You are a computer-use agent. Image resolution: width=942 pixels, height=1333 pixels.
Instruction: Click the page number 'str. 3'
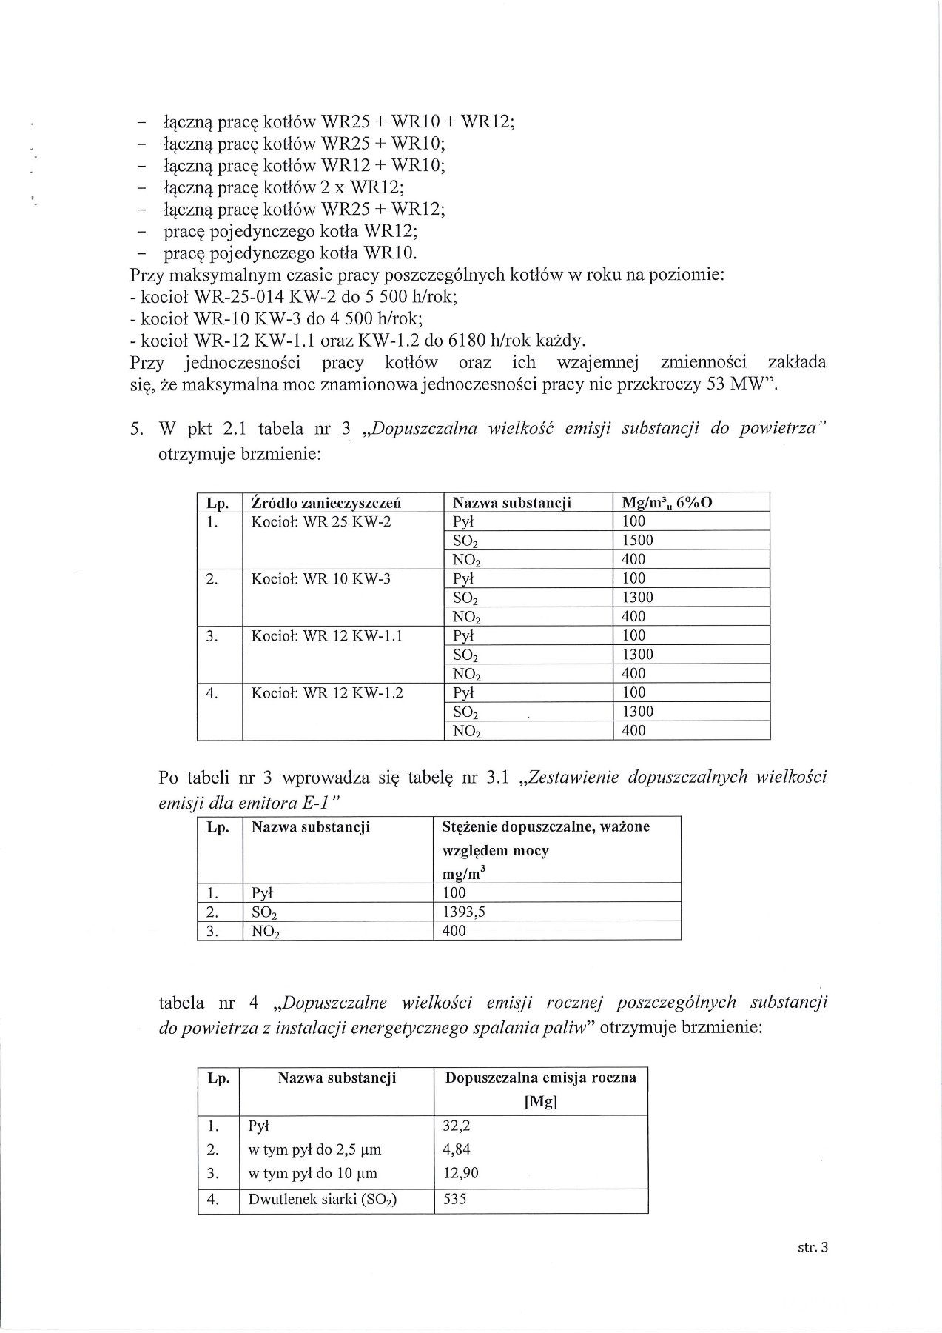coord(813,1247)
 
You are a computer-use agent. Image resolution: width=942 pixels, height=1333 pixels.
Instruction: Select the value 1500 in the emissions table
coord(637,540)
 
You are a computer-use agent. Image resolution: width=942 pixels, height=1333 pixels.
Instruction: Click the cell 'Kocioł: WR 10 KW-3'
coord(321,578)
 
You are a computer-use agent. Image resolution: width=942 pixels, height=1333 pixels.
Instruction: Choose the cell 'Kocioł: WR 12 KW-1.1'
coord(326,635)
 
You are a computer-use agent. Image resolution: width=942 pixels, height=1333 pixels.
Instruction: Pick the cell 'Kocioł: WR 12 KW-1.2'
coord(326,692)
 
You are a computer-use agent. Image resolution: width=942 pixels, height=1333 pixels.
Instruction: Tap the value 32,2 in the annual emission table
coord(457,1126)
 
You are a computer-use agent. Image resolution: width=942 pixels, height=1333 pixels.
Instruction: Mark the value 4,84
coord(457,1149)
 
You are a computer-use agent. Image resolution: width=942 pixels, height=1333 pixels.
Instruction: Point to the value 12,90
coord(460,1173)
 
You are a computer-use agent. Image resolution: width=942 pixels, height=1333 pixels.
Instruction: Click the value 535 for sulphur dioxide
coord(454,1199)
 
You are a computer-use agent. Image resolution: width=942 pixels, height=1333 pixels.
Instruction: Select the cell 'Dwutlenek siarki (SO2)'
coord(323,1199)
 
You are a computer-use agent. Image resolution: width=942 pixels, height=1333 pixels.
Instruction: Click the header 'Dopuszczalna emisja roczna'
coord(540,1078)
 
